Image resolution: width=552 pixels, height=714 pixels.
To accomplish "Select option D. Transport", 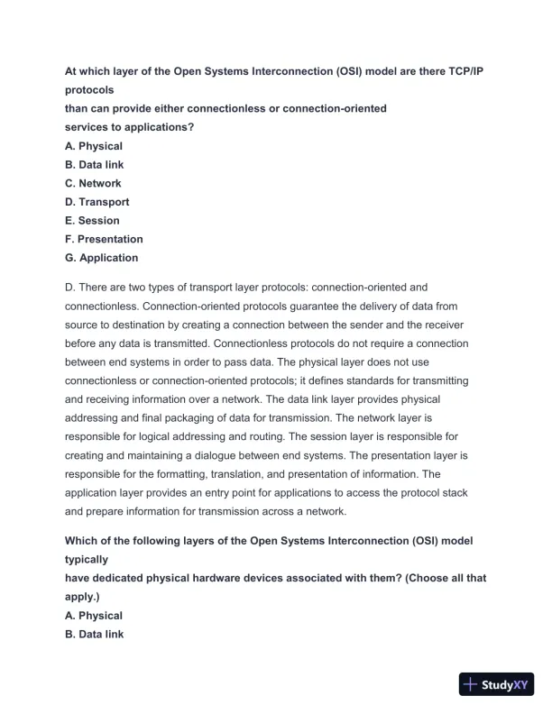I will (x=97, y=202).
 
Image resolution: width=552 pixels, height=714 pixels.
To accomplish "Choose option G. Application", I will (x=102, y=258).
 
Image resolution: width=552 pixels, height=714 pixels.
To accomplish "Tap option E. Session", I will (x=92, y=220).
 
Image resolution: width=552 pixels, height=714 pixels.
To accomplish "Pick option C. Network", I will (x=93, y=183).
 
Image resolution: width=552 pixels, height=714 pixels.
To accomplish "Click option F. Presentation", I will (x=104, y=239).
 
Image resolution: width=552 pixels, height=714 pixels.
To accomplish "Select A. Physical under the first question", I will (x=94, y=146).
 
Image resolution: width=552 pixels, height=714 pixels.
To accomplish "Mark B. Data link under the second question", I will (x=95, y=635).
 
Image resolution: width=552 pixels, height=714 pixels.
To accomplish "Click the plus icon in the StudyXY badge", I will (x=470, y=684).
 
